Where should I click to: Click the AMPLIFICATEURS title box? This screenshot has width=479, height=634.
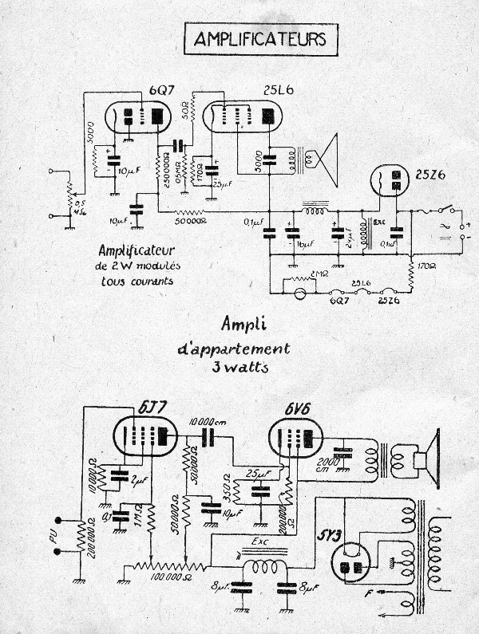(x=255, y=39)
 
